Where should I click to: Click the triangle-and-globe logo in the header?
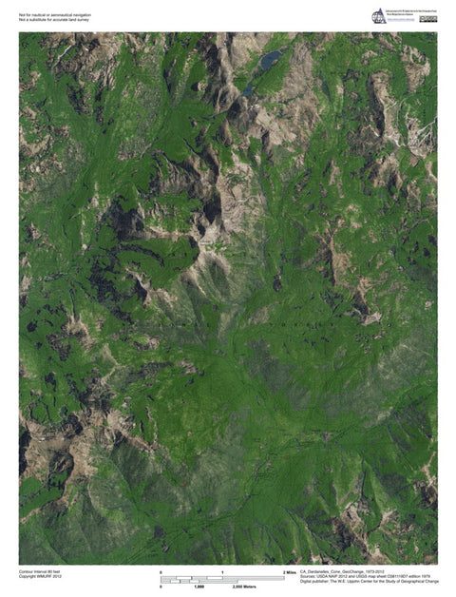point(378,16)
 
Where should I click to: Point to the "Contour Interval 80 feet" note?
point(40,571)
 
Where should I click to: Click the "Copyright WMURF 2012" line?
point(40,577)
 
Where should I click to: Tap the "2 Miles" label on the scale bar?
point(290,571)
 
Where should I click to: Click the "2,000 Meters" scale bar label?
point(245,587)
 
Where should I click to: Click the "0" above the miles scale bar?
point(161,571)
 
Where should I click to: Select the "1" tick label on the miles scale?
point(222,571)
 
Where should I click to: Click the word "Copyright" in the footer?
point(28,577)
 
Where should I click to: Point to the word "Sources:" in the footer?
point(308,576)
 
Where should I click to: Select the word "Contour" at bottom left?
point(27,571)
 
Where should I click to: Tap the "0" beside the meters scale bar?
point(161,587)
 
